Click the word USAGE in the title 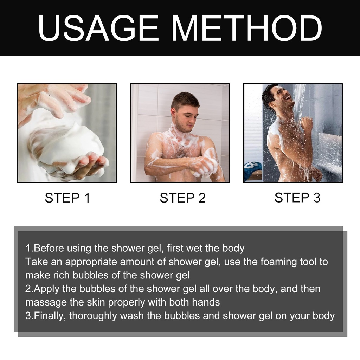click(x=98, y=28)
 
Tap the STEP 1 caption click(x=67, y=198)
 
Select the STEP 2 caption click(x=182, y=198)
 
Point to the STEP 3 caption click(x=297, y=198)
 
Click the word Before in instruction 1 click(x=48, y=248)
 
